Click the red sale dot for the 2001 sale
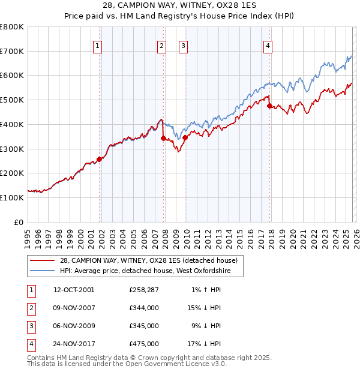click(100, 158)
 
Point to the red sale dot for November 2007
click(164, 138)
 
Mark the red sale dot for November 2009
click(185, 137)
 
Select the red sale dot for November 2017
click(269, 106)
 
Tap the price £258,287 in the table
click(143, 290)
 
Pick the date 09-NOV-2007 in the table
click(74, 308)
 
